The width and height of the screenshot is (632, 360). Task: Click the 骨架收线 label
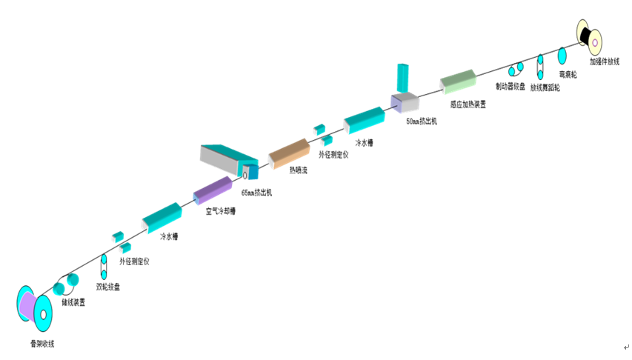pyautogui.click(x=41, y=344)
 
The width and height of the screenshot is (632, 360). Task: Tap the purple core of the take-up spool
pyautogui.click(x=27, y=306)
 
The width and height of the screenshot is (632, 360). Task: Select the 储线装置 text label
pyautogui.click(x=73, y=302)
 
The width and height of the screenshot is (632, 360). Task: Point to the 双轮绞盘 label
pyautogui.click(x=107, y=286)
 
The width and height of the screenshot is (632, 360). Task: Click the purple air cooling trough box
pyautogui.click(x=213, y=190)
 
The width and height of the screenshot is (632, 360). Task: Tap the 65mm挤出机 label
pyautogui.click(x=256, y=192)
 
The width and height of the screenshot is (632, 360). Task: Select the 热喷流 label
pyautogui.click(x=298, y=169)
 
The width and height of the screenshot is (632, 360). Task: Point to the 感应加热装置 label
pyautogui.click(x=468, y=104)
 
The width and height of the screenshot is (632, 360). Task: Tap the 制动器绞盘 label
pyautogui.click(x=510, y=87)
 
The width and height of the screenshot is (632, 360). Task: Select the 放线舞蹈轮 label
pyautogui.click(x=545, y=87)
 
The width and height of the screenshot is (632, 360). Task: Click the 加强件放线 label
pyautogui.click(x=604, y=61)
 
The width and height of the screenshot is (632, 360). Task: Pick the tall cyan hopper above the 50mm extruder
pyautogui.click(x=403, y=79)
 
